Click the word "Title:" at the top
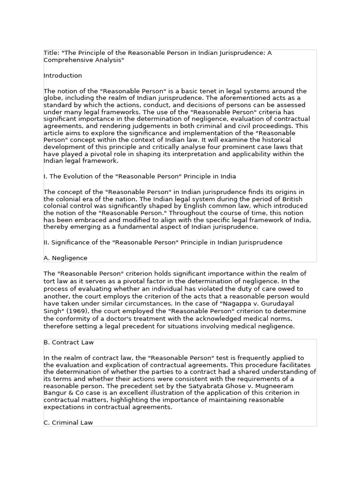click(51, 53)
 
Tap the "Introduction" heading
click(63, 75)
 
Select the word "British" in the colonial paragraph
click(297, 199)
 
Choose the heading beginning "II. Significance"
click(163, 242)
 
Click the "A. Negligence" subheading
click(65, 258)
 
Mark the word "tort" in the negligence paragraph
click(50, 281)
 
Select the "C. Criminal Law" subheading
click(68, 422)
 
